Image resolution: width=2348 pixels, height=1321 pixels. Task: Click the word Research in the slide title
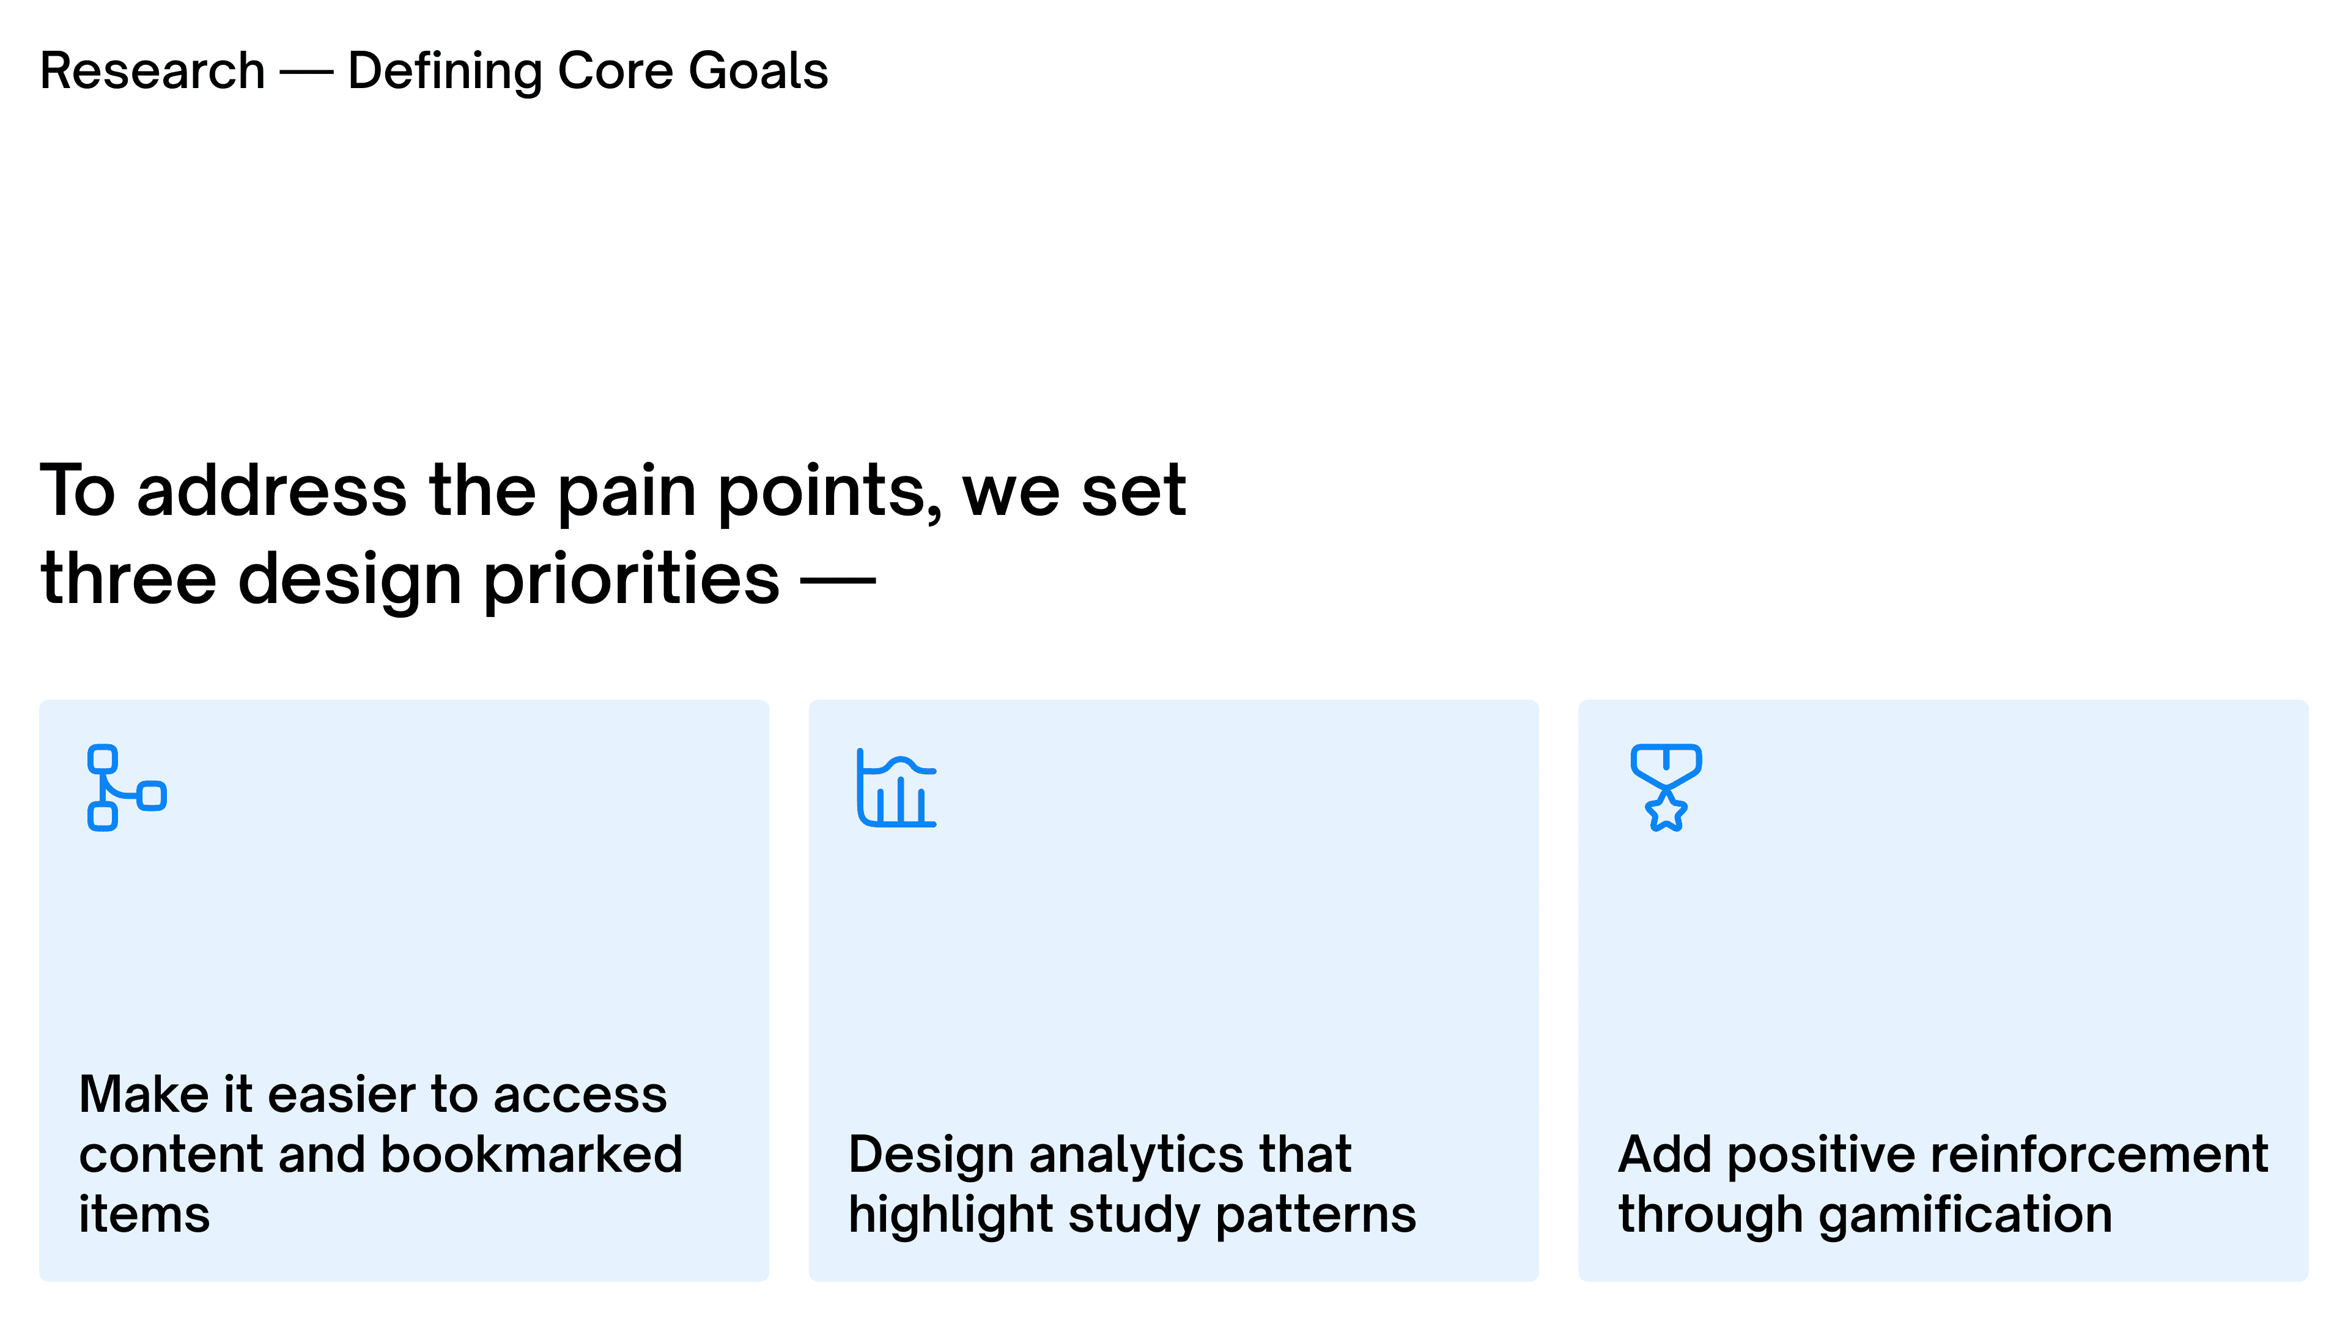(152, 71)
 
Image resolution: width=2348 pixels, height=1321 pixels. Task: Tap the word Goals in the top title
(758, 71)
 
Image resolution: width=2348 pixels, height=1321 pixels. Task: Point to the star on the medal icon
(1666, 810)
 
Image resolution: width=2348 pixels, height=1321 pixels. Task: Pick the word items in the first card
(144, 1215)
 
